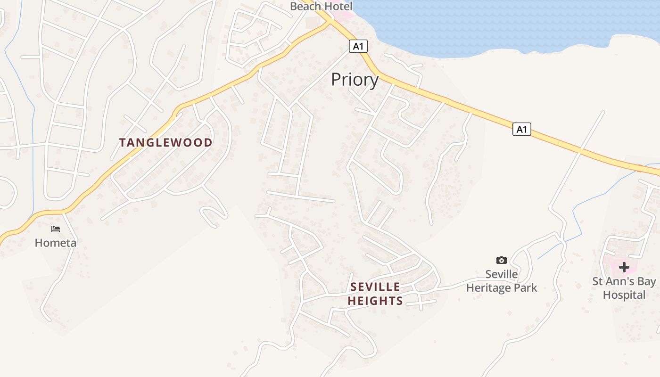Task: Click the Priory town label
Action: (x=355, y=80)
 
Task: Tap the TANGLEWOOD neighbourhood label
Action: (x=165, y=142)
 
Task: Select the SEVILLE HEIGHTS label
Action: (x=375, y=294)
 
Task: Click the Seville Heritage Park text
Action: (x=502, y=281)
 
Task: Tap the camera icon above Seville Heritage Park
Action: (x=502, y=260)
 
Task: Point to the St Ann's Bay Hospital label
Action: (x=624, y=288)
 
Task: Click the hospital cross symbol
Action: (x=624, y=267)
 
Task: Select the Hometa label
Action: (x=56, y=243)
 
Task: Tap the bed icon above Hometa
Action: (x=56, y=229)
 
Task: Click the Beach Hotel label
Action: (x=321, y=6)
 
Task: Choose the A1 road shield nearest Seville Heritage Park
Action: (x=522, y=129)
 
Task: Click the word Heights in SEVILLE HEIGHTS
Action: (x=375, y=301)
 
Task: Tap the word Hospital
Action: (x=624, y=295)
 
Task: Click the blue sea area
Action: (x=495, y=24)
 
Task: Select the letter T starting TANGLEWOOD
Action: (x=122, y=142)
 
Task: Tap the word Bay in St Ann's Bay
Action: (x=646, y=281)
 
